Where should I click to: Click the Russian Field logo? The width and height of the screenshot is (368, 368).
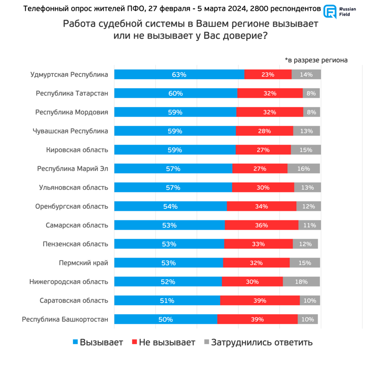pyautogui.click(x=338, y=12)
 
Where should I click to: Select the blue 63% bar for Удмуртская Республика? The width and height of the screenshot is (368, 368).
pyautogui.click(x=179, y=75)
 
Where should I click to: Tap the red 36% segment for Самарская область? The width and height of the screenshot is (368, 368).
pyautogui.click(x=261, y=225)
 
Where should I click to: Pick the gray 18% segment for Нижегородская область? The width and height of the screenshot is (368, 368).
pyautogui.click(x=301, y=282)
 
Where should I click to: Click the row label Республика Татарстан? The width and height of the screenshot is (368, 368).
pyautogui.click(x=72, y=93)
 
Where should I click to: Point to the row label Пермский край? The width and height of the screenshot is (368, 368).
pyautogui.click(x=83, y=263)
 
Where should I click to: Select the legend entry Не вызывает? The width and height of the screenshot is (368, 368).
pyautogui.click(x=163, y=342)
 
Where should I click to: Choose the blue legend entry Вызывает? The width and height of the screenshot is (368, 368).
pyautogui.click(x=98, y=342)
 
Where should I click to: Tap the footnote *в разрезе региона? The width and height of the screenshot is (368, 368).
pyautogui.click(x=316, y=60)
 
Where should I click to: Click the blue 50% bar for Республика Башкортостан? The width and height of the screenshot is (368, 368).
pyautogui.click(x=166, y=320)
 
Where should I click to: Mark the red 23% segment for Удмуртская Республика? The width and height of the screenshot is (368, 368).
pyautogui.click(x=268, y=75)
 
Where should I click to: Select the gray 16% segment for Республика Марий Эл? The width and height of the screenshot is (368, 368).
pyautogui.click(x=303, y=169)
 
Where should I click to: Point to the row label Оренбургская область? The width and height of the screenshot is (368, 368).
pyautogui.click(x=72, y=206)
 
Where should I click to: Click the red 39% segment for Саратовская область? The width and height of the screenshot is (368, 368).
pyautogui.click(x=260, y=301)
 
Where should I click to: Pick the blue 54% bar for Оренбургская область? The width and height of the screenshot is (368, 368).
pyautogui.click(x=170, y=206)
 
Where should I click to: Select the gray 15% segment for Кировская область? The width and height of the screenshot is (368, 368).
pyautogui.click(x=306, y=150)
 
